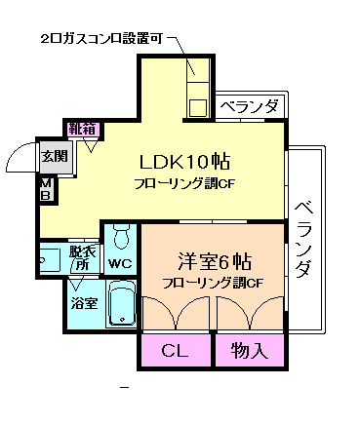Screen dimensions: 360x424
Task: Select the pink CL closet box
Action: click(x=176, y=350)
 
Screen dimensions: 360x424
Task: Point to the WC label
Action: click(x=121, y=263)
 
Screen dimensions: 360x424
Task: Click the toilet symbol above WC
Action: click(x=121, y=237)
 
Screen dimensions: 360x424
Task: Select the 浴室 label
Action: click(x=84, y=303)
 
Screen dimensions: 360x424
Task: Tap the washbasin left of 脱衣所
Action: click(x=50, y=259)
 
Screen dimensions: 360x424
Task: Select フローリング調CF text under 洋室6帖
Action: click(x=214, y=284)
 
